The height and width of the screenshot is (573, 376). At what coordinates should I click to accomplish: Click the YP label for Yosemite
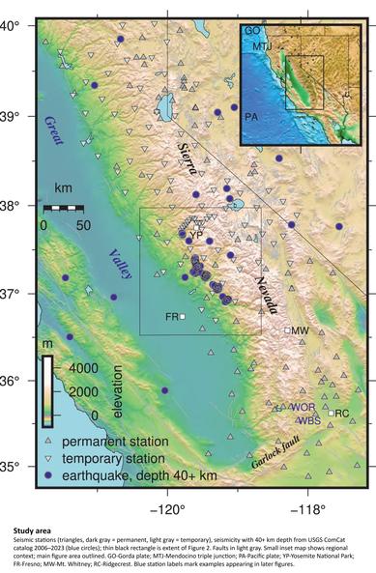tap(196, 235)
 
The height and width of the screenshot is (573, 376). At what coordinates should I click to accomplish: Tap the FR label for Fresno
tap(171, 316)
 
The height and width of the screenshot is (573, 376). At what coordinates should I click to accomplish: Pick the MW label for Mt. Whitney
tap(301, 330)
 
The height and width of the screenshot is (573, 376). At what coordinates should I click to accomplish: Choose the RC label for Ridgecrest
tap(341, 414)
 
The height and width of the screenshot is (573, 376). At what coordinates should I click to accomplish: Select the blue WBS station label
tap(309, 420)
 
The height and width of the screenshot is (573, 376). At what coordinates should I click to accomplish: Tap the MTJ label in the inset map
tap(262, 45)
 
